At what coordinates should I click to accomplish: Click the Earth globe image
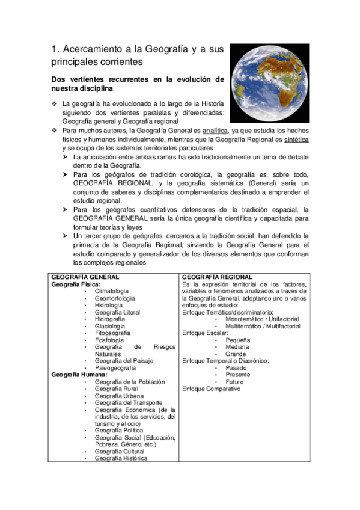[269, 82]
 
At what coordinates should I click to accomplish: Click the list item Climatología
[111, 291]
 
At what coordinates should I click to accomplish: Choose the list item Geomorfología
[115, 298]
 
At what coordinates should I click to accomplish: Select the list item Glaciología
[109, 326]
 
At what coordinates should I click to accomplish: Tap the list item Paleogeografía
[115, 368]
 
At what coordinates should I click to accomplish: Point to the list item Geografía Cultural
[120, 452]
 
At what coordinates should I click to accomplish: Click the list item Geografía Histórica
[121, 459]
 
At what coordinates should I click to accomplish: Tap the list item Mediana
[238, 347]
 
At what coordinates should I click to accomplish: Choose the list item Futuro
[234, 382]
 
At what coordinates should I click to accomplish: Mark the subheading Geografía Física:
[76, 284]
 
